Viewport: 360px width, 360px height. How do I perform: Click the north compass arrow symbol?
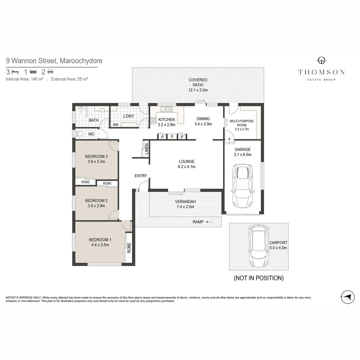[348, 297]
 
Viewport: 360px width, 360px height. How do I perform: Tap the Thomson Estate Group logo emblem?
[321, 61]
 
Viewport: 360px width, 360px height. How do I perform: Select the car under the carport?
[259, 246]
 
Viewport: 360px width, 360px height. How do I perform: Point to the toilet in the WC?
[79, 134]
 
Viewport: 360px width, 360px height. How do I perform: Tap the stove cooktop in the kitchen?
[153, 120]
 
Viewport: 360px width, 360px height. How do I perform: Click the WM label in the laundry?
[115, 125]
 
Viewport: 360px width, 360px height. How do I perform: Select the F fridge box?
[172, 137]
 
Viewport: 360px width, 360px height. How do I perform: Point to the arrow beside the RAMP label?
[209, 222]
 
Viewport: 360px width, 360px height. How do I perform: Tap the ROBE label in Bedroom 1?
[129, 248]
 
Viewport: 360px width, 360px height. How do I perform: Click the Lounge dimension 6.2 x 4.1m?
[186, 167]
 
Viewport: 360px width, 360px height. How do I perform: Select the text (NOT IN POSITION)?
[259, 278]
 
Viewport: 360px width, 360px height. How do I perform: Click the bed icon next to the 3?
[15, 72]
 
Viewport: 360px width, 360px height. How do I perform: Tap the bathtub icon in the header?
[33, 72]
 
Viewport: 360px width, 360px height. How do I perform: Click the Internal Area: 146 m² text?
[25, 79]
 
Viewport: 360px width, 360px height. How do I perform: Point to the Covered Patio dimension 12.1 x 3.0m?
[198, 90]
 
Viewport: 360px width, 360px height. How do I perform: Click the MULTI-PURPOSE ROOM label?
[242, 123]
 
